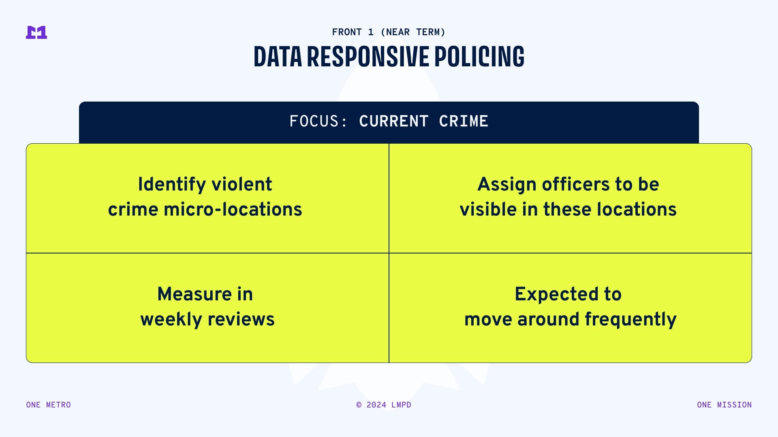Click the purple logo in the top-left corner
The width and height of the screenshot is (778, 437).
click(x=36, y=32)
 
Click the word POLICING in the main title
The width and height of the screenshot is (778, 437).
click(x=479, y=56)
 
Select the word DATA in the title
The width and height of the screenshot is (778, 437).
click(x=278, y=56)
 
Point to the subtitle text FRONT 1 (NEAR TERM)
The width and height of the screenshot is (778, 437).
click(x=389, y=32)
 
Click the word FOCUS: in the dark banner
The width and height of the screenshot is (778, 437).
click(x=318, y=121)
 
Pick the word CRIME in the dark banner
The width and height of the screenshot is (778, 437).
click(x=464, y=121)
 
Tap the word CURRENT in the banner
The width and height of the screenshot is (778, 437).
click(x=394, y=121)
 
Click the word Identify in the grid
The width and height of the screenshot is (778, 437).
click(x=172, y=185)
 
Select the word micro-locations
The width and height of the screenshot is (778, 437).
click(x=233, y=210)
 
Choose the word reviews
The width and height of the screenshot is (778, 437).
click(x=242, y=319)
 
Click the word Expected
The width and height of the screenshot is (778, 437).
click(x=557, y=295)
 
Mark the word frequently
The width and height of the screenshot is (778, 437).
click(x=631, y=320)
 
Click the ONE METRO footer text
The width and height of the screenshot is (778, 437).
click(x=49, y=405)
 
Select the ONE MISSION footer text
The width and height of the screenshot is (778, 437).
click(x=725, y=405)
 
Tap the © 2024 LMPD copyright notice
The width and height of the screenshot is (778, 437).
click(x=384, y=405)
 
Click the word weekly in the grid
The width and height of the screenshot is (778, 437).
click(x=171, y=320)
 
